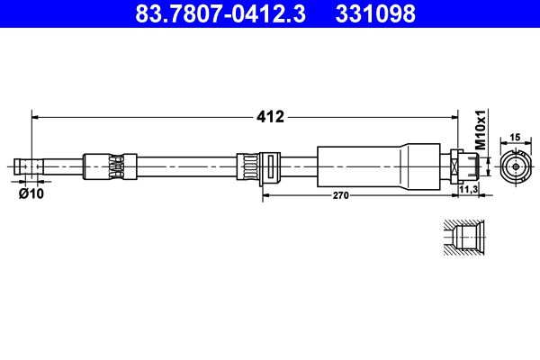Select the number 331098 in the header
pos(375,14)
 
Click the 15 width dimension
pos(515,137)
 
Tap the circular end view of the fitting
pos(514,166)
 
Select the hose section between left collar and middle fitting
pos(184,166)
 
